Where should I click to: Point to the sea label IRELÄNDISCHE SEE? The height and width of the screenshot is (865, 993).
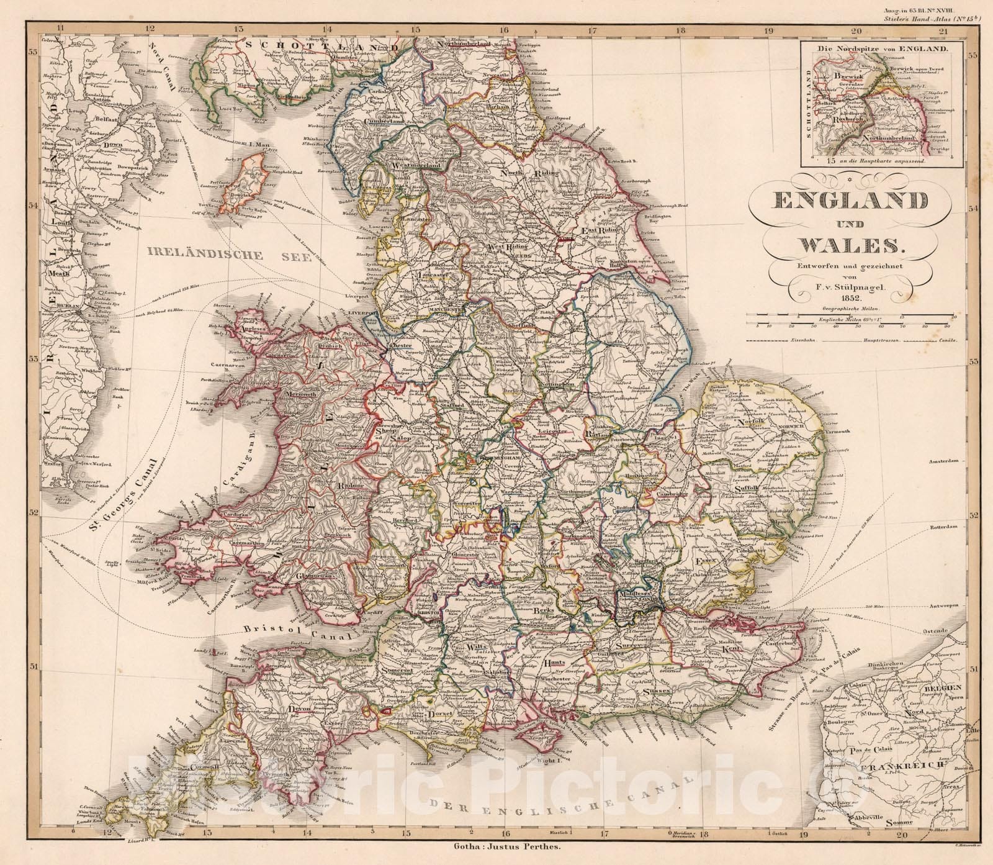coord(228,253)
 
